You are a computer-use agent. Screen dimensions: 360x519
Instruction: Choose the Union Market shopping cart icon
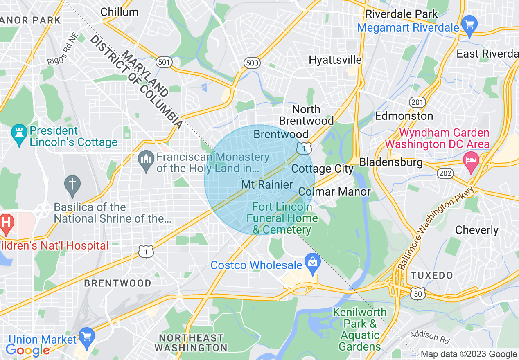coord(86,336)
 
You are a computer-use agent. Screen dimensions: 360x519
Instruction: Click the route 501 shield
coord(164,62)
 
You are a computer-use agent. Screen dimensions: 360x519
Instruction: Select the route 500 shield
coord(252,62)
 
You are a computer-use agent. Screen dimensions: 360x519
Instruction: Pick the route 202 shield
coord(445,173)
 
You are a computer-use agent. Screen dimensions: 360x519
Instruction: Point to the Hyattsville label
coord(335,60)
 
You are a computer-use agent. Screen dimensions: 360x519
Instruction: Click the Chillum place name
coord(119,12)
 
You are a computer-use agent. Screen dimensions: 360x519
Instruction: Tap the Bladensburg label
coord(391,162)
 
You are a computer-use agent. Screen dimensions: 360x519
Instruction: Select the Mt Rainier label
coord(267,184)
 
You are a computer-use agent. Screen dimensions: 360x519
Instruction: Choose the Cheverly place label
coord(477,230)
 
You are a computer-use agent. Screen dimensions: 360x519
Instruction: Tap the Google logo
coord(27,350)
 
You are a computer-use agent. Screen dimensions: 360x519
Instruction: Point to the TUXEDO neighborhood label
coord(432,275)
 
